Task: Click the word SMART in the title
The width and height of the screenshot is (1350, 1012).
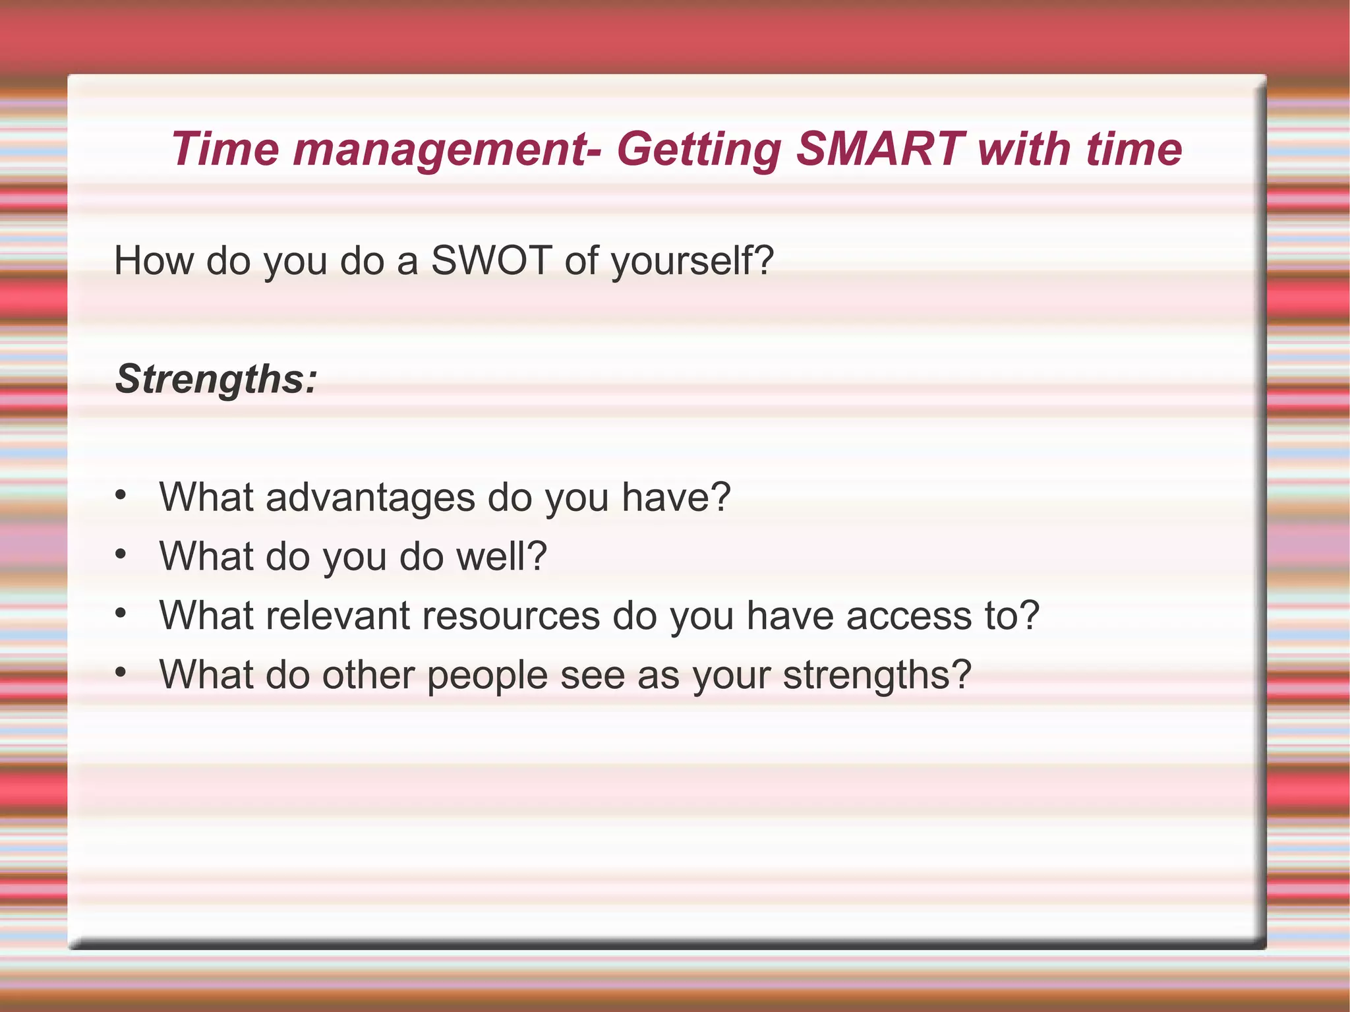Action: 880,149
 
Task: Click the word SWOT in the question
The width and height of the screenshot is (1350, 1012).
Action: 491,260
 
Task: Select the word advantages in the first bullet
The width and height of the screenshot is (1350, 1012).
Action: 370,497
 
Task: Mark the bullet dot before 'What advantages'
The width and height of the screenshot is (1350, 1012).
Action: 120,495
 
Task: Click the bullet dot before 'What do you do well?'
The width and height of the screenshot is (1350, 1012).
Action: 120,554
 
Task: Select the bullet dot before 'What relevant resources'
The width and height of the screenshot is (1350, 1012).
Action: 120,614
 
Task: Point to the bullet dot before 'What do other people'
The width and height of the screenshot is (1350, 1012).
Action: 120,673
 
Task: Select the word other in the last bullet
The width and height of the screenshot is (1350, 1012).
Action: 368,675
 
